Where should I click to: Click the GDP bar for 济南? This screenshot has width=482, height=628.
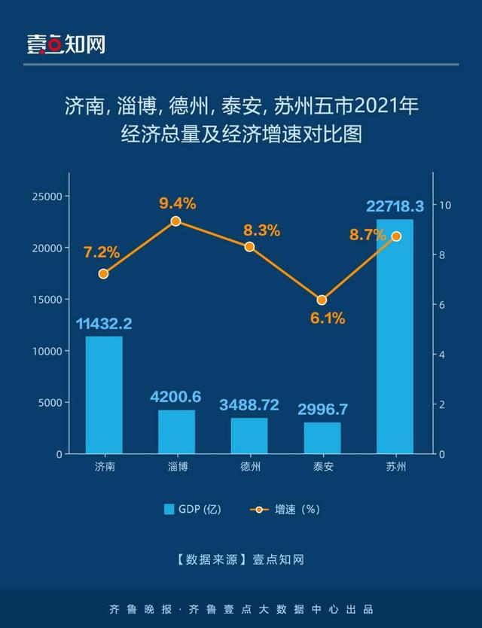pos(104,395)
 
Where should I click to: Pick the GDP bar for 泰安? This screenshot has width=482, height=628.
pos(322,437)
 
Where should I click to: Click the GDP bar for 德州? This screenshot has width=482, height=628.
pos(249,435)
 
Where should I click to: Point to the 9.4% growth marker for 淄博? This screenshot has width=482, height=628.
pos(176,221)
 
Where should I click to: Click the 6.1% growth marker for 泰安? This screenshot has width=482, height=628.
pos(322,300)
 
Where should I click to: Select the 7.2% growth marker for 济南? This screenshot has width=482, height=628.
pos(104,273)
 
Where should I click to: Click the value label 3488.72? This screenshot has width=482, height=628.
pos(249,405)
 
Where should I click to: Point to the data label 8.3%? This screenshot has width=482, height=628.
pos(261,230)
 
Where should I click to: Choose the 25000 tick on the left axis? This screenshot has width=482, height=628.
pos(49,196)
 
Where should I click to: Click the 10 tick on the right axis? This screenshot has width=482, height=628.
pos(445,205)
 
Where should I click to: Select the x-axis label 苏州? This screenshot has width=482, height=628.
pos(395,467)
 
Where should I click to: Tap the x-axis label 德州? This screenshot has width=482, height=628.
pos(249,467)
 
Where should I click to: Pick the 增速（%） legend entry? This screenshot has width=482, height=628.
pos(286,509)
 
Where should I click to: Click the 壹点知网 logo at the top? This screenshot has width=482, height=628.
pos(66,44)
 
